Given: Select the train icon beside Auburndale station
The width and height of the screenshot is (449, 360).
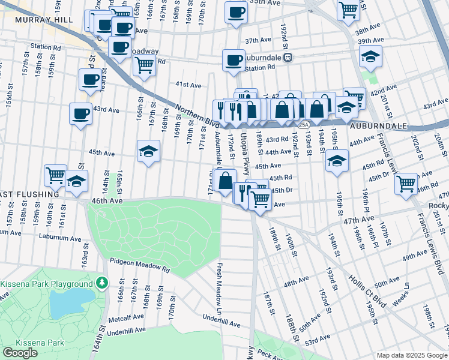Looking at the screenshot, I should coord(288,58).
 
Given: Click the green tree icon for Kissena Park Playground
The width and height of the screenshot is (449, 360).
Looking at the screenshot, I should coord(103,282).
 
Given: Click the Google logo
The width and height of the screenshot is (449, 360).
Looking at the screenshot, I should coord(20,353).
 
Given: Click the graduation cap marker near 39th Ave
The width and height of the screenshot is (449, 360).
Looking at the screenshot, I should coord(370,57).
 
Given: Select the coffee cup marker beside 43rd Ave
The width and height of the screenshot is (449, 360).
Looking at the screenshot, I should coord(80,113).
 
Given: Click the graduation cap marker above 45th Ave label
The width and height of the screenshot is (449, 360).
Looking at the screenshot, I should coord(148,151).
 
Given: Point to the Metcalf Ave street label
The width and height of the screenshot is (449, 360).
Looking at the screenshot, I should coord(127,317).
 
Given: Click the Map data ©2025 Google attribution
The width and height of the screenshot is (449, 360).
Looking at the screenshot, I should coord(411,355).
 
